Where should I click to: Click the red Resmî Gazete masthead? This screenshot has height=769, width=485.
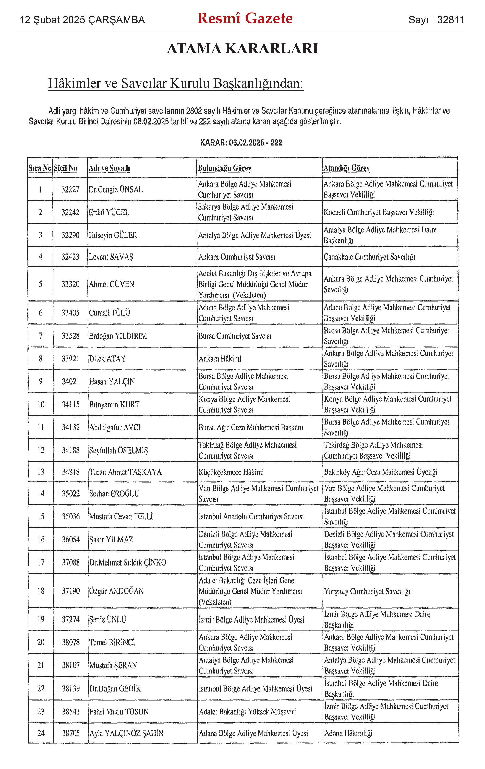[245, 18]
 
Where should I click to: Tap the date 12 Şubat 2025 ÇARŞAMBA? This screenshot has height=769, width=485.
[82, 20]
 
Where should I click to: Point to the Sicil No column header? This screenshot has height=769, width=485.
[65, 168]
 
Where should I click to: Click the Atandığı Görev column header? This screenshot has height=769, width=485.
[347, 168]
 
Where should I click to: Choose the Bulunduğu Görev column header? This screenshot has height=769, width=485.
[224, 168]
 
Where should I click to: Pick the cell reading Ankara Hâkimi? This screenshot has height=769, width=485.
[220, 359]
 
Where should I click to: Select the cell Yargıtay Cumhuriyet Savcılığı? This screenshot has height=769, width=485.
[367, 591]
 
